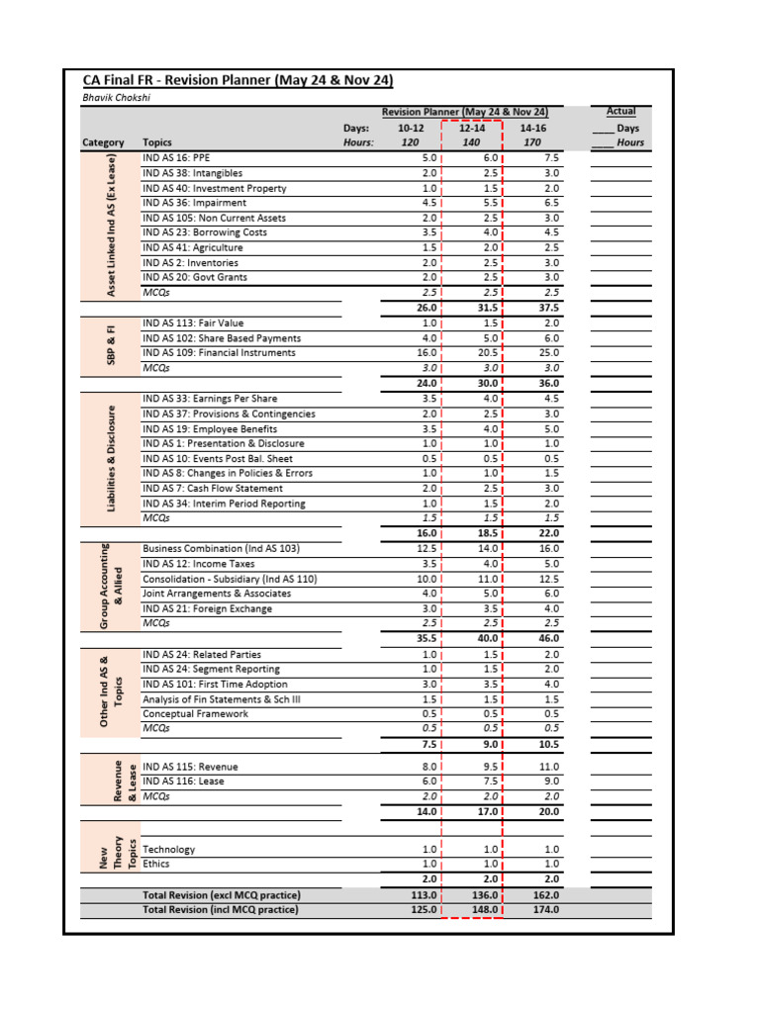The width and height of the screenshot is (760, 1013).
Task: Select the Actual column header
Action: click(620, 112)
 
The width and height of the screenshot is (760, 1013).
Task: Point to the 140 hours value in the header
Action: click(472, 142)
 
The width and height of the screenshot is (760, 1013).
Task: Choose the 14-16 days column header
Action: click(532, 128)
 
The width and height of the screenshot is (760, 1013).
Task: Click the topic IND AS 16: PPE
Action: click(176, 158)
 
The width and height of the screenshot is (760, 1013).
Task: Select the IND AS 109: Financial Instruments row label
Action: click(219, 352)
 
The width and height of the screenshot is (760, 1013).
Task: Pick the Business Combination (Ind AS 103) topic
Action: click(221, 548)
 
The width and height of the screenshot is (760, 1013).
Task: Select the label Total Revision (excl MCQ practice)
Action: click(221, 895)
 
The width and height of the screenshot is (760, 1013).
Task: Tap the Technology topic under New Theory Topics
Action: click(169, 849)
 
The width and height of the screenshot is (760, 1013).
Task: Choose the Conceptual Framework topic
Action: click(195, 713)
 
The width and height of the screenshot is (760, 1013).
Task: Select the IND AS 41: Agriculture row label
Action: click(190, 247)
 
